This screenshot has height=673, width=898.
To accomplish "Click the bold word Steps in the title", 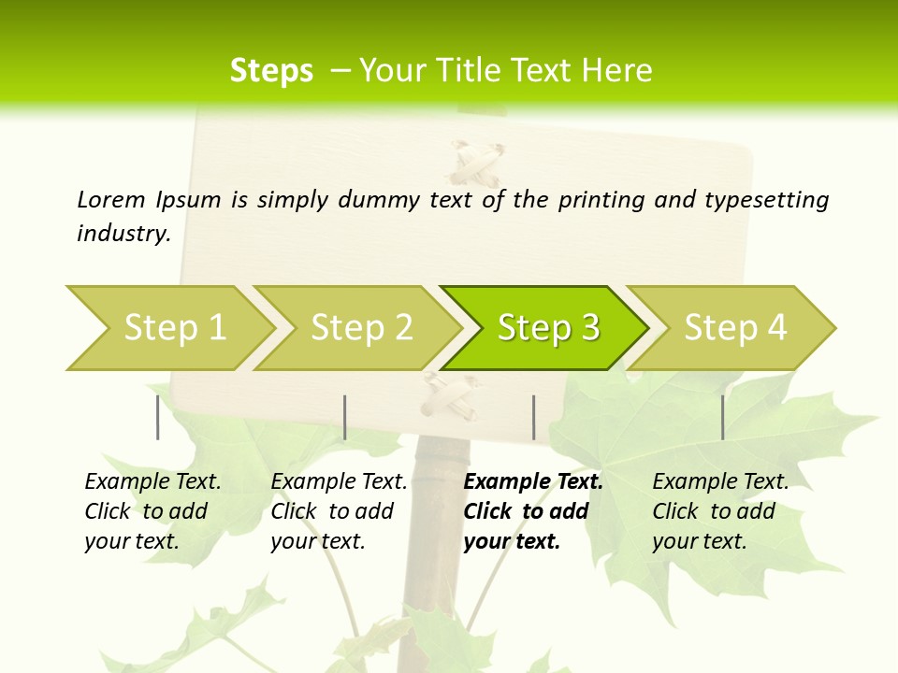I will click(x=271, y=71).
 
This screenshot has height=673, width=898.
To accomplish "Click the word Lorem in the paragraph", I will click(x=111, y=199).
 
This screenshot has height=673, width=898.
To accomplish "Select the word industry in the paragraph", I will click(x=123, y=234).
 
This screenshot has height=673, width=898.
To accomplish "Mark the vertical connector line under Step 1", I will click(x=158, y=417).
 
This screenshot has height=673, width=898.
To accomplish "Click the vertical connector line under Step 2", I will click(x=345, y=417).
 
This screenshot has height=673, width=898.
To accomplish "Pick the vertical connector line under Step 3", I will click(x=533, y=417).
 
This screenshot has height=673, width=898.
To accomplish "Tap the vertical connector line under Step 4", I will click(x=722, y=417).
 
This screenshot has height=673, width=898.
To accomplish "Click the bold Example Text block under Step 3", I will click(x=532, y=511).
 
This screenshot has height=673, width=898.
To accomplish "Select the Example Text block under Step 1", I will click(x=152, y=511).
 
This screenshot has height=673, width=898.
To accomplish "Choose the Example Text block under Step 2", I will click(x=339, y=511).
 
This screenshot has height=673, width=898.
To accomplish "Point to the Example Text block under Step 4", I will click(x=720, y=511).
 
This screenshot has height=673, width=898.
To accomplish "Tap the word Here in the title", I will click(x=617, y=71).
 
